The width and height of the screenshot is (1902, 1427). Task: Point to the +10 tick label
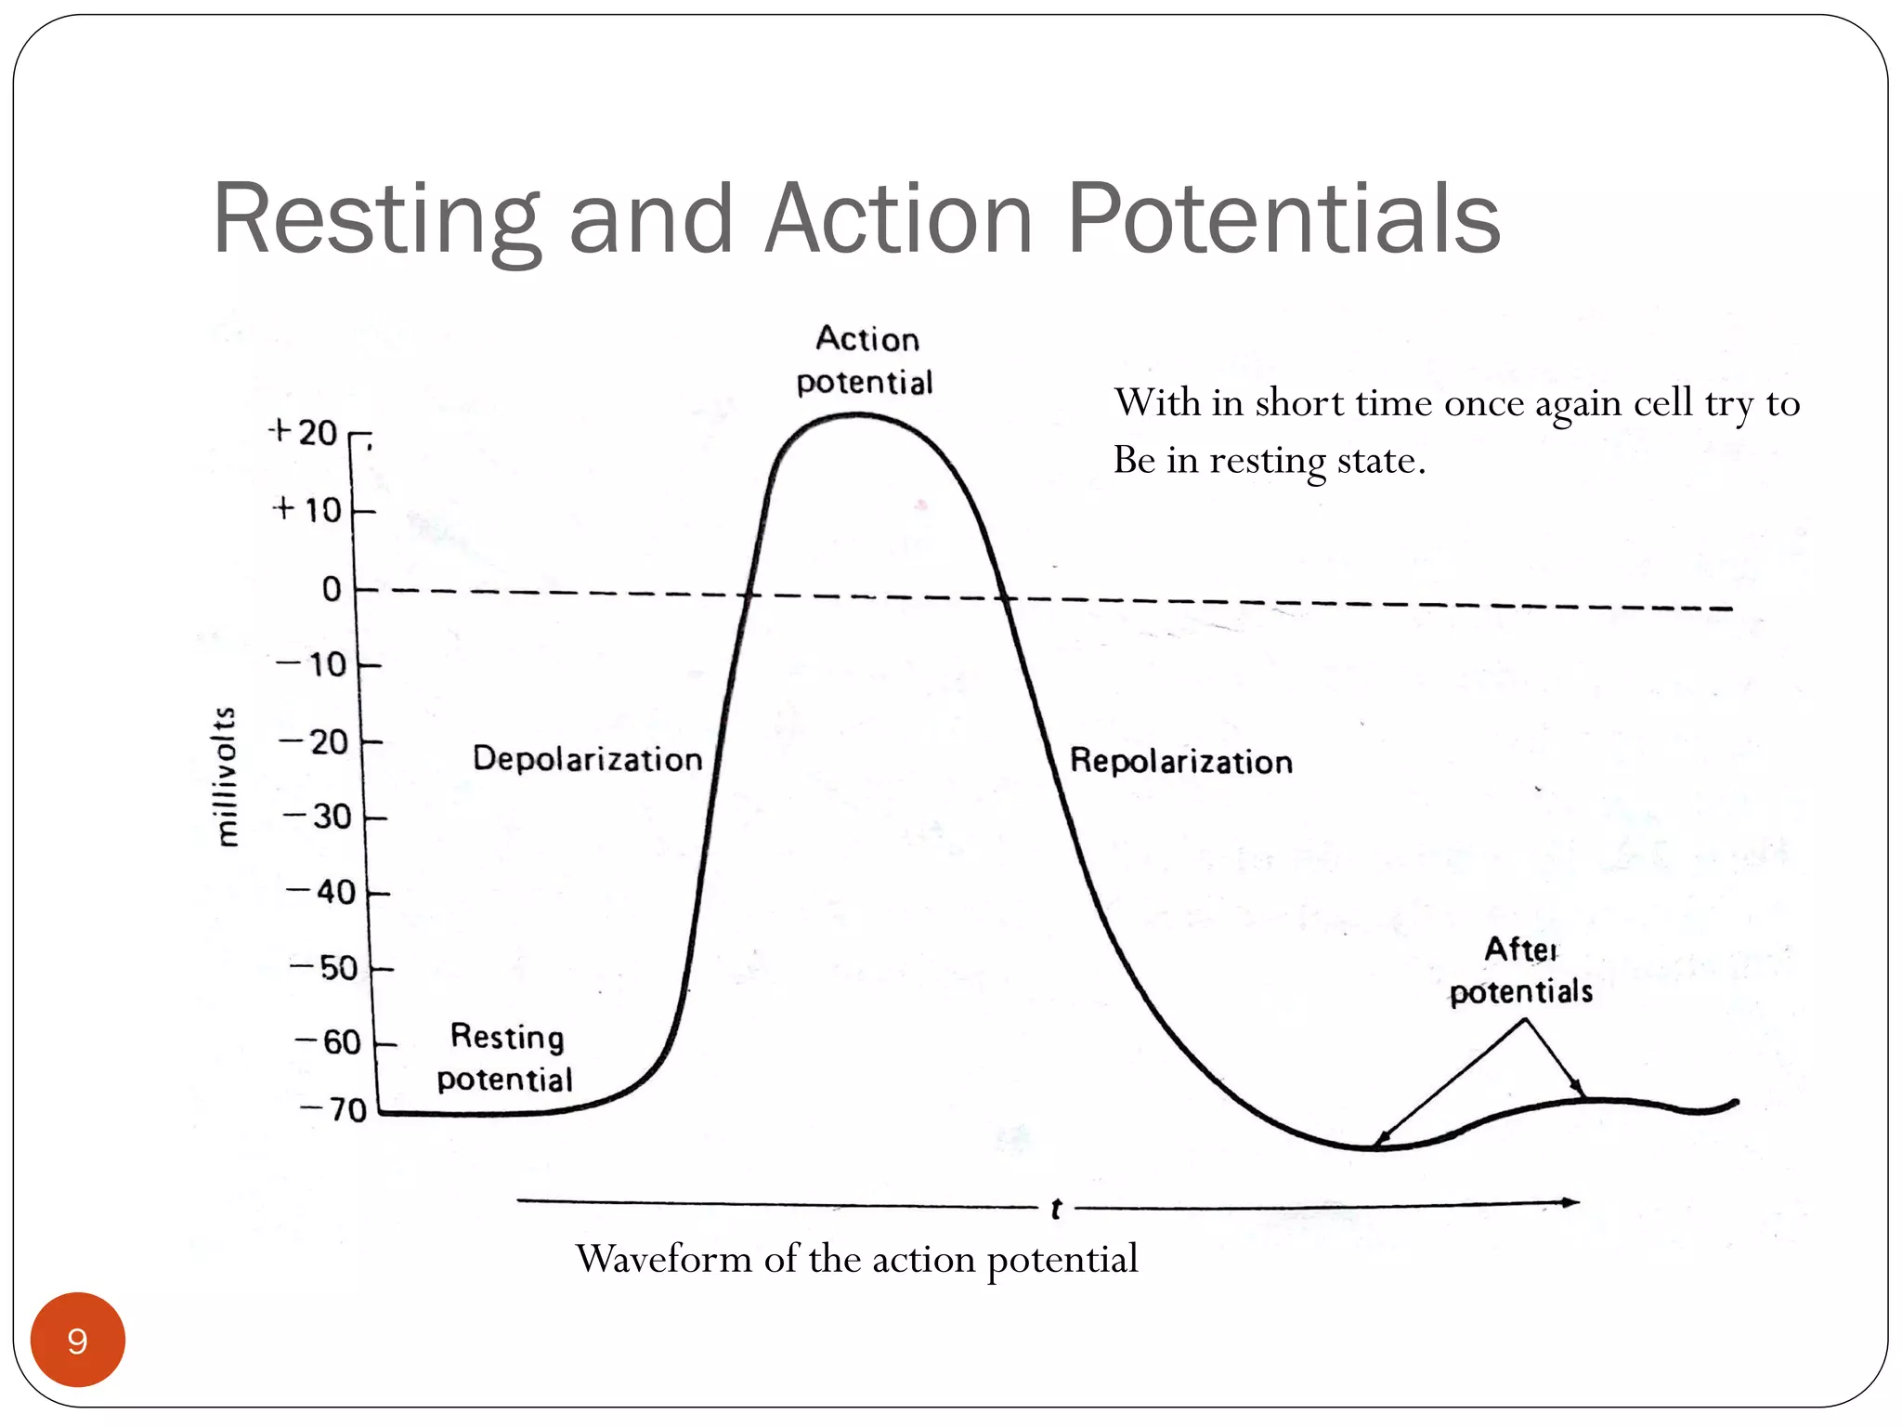(x=308, y=510)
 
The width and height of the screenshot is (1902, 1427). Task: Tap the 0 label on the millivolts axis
(x=332, y=589)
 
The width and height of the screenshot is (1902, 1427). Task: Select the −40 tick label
(x=321, y=893)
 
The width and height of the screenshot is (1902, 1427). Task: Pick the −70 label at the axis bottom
(x=334, y=1110)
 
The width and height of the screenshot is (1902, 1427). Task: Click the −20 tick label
(x=314, y=742)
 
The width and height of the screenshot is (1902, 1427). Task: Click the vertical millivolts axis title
(x=226, y=777)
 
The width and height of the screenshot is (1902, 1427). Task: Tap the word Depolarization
(x=587, y=759)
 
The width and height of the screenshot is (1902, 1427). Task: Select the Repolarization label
(x=1180, y=762)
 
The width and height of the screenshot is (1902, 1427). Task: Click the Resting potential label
(x=506, y=1058)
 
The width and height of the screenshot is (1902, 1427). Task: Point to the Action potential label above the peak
(x=866, y=360)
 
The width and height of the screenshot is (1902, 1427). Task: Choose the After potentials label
(x=1521, y=971)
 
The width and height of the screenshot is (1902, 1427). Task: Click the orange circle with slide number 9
(x=78, y=1340)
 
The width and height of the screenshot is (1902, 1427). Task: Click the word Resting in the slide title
(x=376, y=219)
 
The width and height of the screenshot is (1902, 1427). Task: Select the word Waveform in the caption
(x=663, y=1259)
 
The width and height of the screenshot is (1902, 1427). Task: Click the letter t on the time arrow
(x=1056, y=1209)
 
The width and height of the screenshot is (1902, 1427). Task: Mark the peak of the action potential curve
(x=856, y=415)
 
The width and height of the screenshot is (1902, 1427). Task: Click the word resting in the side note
(x=1268, y=460)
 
